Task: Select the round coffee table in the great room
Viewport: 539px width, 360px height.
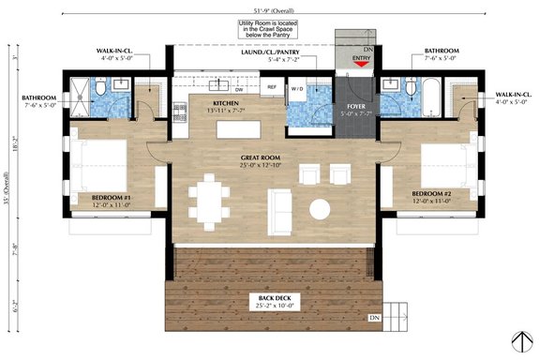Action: [321, 208]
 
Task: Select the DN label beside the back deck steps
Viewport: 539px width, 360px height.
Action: [375, 318]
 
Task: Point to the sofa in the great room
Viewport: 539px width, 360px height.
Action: [280, 204]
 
